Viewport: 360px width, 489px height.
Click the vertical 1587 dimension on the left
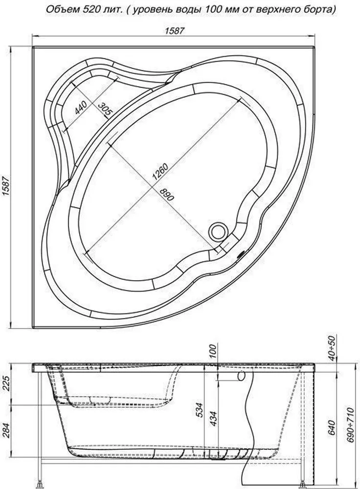coord(5,188)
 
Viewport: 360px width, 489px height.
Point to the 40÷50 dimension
coord(331,349)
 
